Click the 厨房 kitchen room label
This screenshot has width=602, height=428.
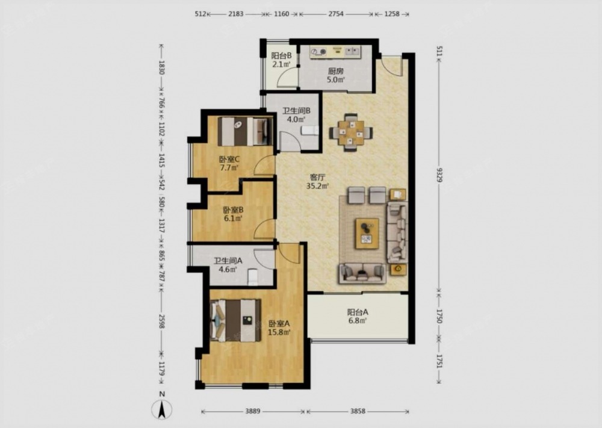click(x=335, y=71)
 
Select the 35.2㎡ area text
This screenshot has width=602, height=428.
click(x=317, y=187)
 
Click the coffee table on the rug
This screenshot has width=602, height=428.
click(x=367, y=234)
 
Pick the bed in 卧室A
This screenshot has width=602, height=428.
click(x=235, y=320)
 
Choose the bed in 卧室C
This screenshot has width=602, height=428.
click(x=244, y=131)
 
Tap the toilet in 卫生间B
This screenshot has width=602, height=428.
click(x=309, y=131)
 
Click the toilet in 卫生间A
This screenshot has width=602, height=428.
click(x=252, y=277)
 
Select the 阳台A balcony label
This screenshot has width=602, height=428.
click(x=358, y=312)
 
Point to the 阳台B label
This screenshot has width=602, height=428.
click(x=281, y=55)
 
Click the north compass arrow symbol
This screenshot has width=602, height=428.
click(x=162, y=409)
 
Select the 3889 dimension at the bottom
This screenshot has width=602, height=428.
click(x=253, y=412)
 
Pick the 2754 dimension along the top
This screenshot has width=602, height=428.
click(x=337, y=14)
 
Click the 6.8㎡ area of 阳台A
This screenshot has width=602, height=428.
click(x=358, y=321)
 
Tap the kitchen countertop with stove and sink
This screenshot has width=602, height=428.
click(x=335, y=52)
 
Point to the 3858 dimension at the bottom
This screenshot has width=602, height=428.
click(x=358, y=412)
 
